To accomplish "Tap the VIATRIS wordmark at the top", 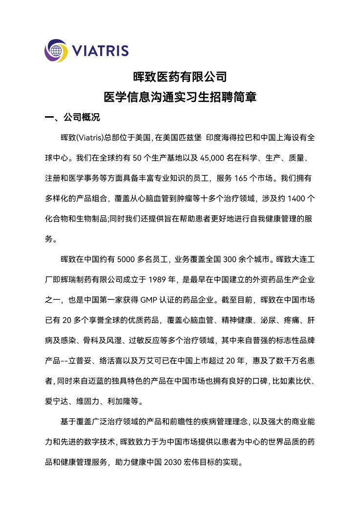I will (x=100, y=51).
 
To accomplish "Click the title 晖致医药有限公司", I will (x=180, y=77).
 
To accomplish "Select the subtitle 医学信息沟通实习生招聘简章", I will (x=180, y=97).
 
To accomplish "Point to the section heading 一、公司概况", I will (x=72, y=118).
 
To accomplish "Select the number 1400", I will (x=298, y=199).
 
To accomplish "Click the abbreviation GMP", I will (x=150, y=300).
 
